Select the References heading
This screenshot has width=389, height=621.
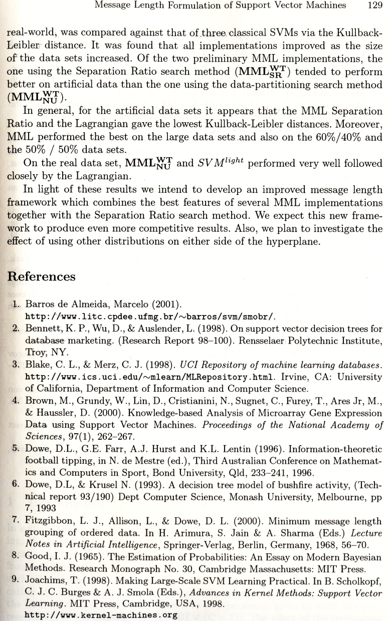pyautogui.click(x=43, y=276)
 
